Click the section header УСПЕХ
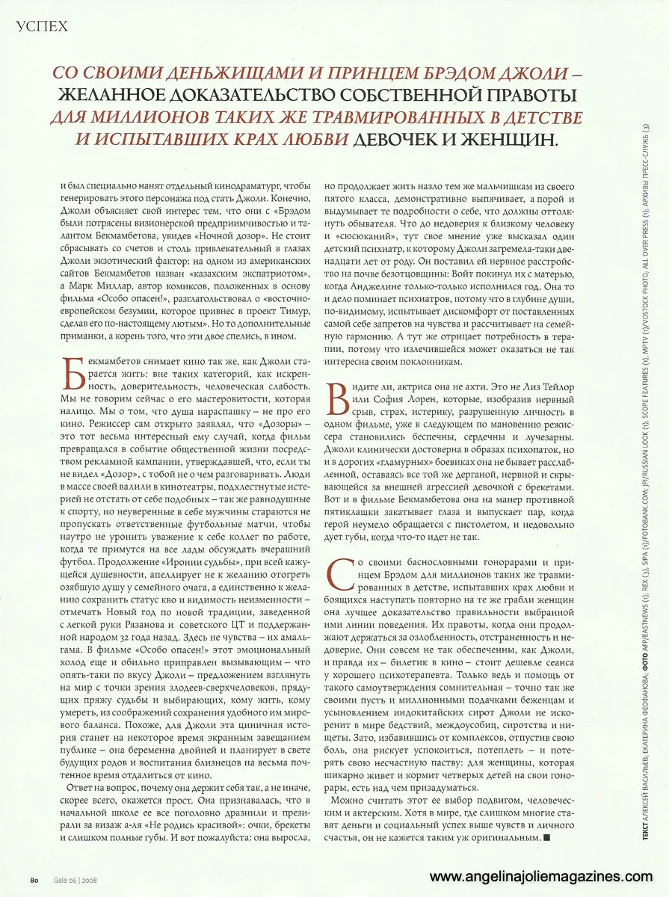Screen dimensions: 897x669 pyautogui.click(x=41, y=27)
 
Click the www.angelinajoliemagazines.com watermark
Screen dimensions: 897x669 pyautogui.click(x=536, y=876)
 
